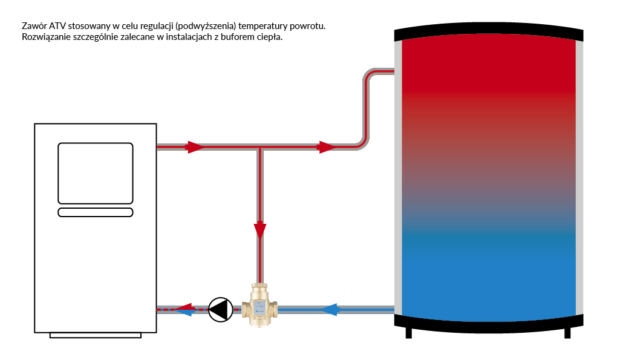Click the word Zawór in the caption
pos(34,26)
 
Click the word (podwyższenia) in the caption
pos(206,27)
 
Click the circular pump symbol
pos(220,310)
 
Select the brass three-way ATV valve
pos(260,304)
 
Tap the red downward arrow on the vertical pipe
pos(260,231)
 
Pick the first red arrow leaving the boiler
pos(195,147)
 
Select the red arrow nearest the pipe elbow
pos(327,147)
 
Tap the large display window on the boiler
pos(96,173)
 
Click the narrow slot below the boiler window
pos(96,212)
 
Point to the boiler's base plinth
pos(96,335)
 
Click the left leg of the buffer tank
pos(409,333)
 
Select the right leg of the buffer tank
pos(567,333)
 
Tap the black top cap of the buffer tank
pos(489,34)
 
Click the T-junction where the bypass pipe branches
pos(260,148)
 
